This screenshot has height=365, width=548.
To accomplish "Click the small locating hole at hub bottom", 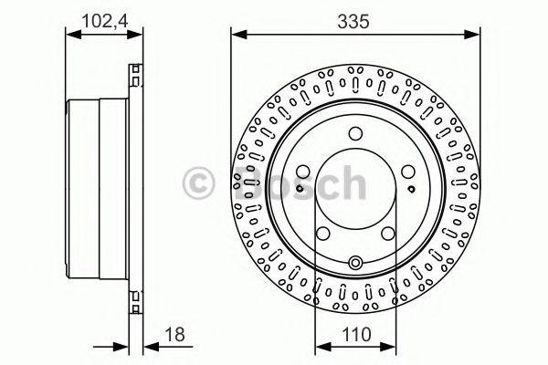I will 355,264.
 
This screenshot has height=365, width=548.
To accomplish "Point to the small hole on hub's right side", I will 414,190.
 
